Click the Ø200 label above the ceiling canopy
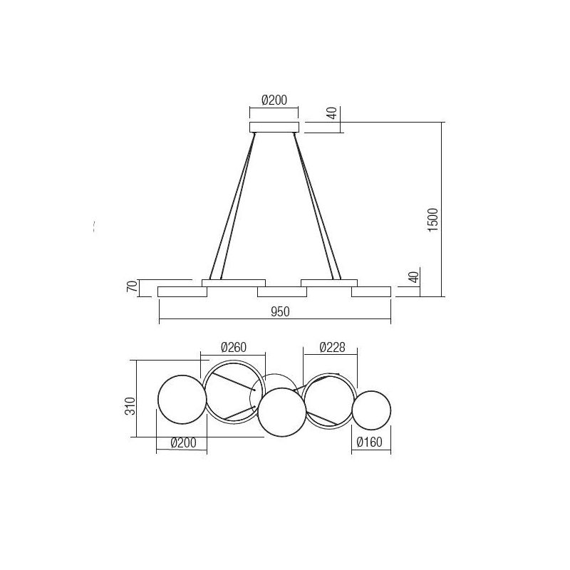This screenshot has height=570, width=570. tap(274, 100)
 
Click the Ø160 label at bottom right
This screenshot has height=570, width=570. tap(370, 442)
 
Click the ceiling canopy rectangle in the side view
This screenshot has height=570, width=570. tap(274, 127)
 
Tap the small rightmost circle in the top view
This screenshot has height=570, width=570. tap(372, 410)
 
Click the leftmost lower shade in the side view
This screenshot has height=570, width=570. tap(182, 291)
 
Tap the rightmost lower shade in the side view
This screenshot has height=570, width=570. tap(370, 291)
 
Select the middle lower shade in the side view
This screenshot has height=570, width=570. tap(281, 291)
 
